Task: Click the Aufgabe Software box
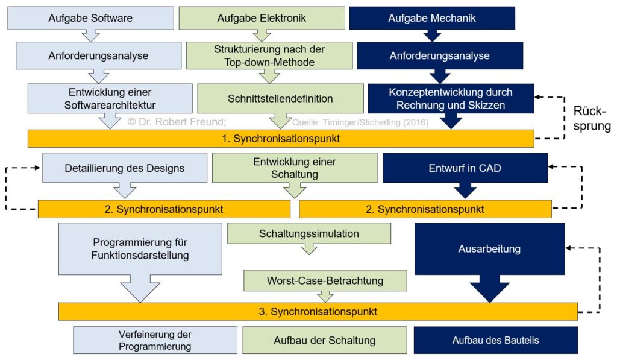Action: coord(90,18)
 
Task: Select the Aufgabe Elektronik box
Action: coord(262,18)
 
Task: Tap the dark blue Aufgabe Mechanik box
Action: coord(432,18)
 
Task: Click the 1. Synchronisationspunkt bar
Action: coord(281,139)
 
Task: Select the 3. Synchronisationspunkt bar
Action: coord(318,312)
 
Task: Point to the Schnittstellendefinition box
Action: coord(280,98)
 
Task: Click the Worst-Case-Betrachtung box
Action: coord(325,280)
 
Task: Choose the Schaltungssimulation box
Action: coord(309,233)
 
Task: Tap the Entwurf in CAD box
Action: coord(465,168)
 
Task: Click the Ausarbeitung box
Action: coord(489,249)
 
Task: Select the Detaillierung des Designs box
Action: coord(125,168)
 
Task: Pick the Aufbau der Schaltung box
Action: coord(325,340)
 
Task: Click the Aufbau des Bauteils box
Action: coord(496,340)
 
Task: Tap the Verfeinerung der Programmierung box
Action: coord(155,340)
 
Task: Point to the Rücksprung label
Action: coord(592,118)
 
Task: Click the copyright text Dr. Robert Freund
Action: coord(177,122)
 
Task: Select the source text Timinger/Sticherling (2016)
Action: coord(375,122)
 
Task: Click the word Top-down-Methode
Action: coord(269,62)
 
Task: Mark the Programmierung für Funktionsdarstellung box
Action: coord(140,249)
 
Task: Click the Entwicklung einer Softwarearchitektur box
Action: coord(110,98)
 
